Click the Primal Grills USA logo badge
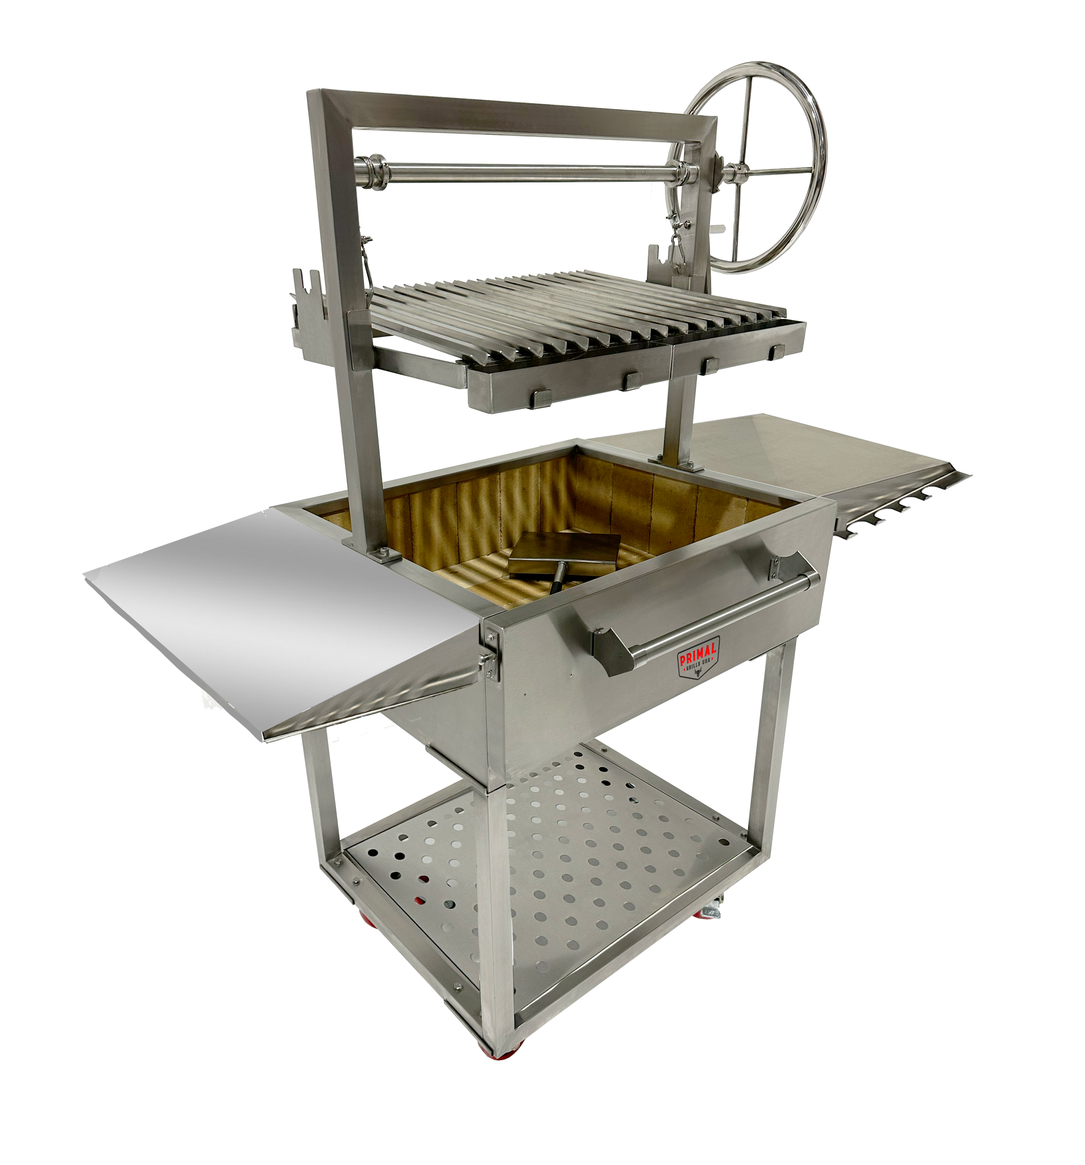click(698, 658)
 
